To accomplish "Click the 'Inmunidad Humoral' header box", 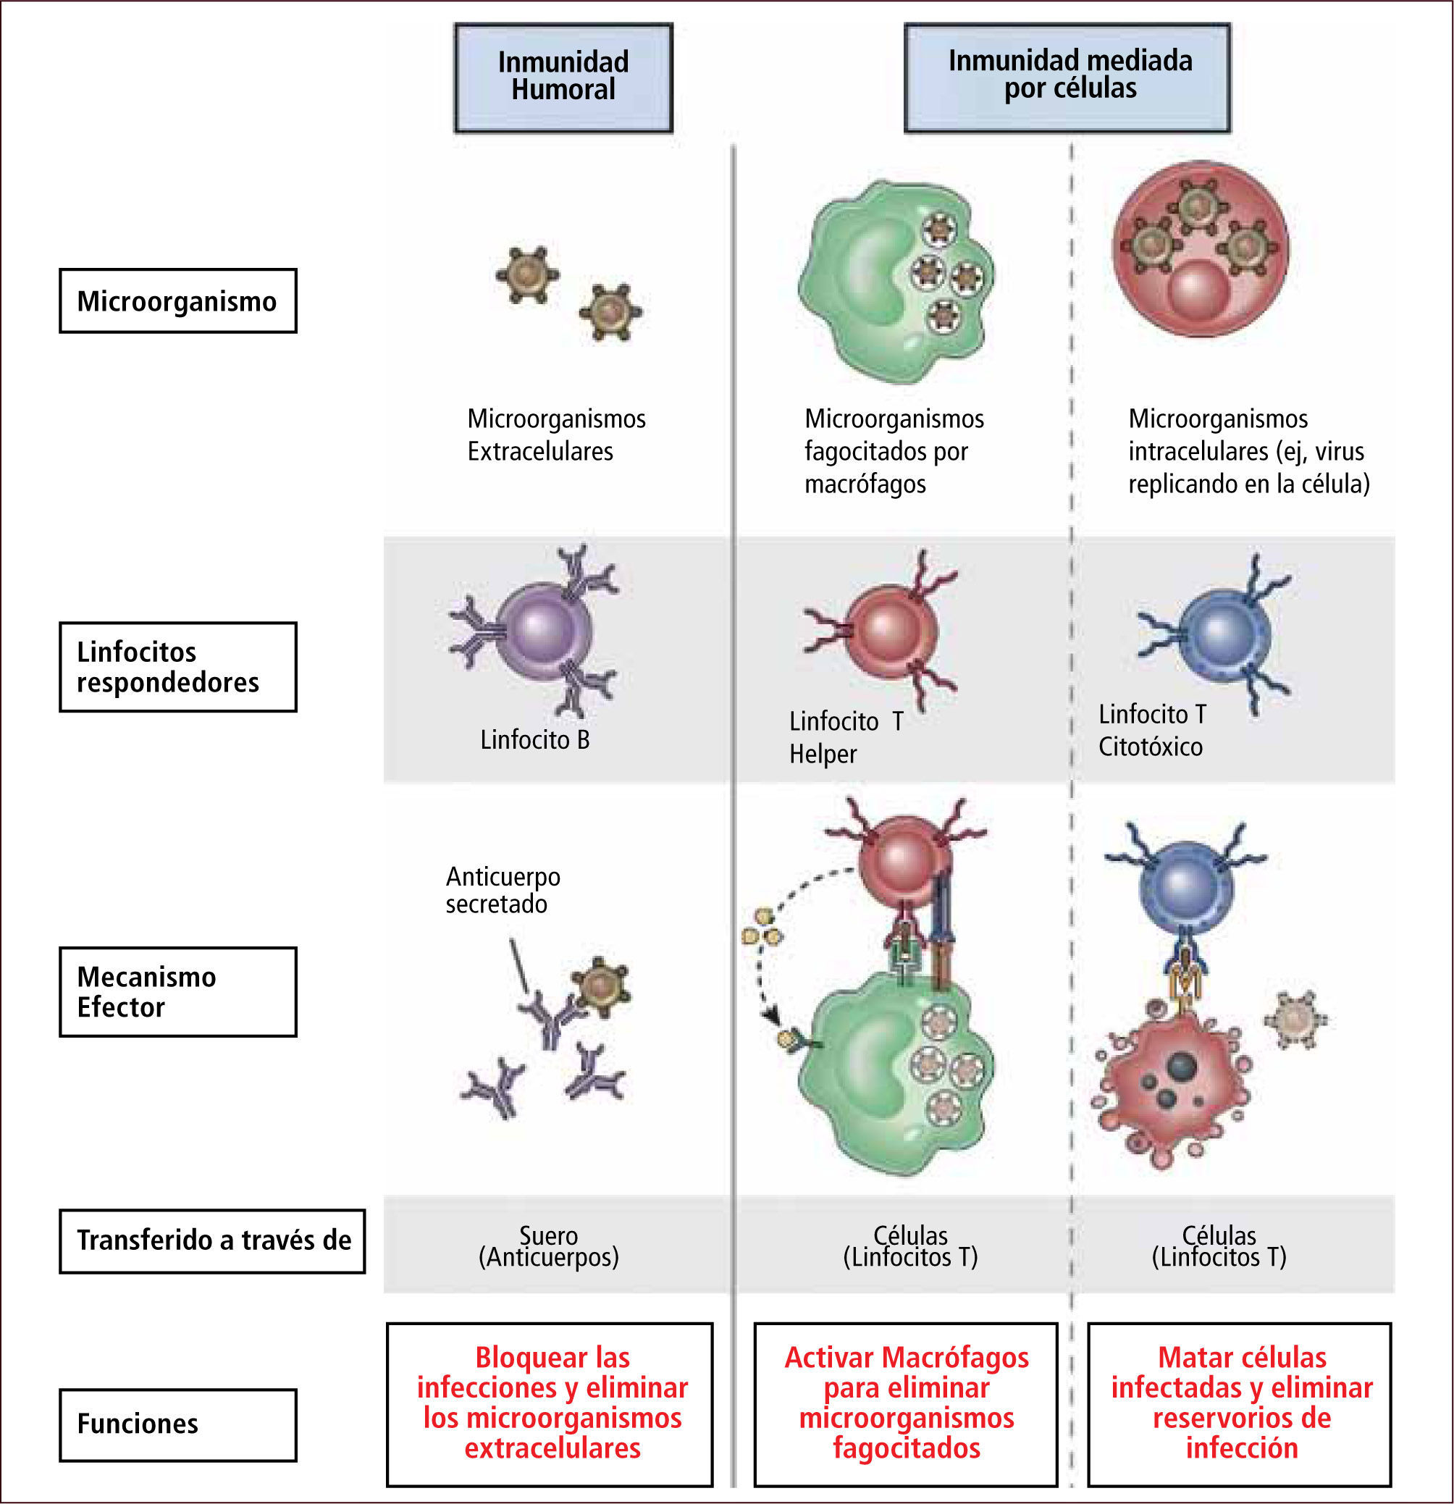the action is tap(563, 77).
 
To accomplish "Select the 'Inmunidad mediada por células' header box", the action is tap(1067, 77).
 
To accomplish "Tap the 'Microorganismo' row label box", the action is tap(178, 301).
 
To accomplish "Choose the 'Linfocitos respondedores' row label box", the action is tap(178, 667).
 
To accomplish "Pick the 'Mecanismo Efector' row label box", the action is tap(178, 992).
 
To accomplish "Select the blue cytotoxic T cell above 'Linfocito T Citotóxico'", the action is tap(1223, 634).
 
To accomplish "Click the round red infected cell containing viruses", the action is tap(1200, 248).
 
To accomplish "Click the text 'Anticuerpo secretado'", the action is tap(503, 890).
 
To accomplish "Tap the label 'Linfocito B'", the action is tap(535, 740).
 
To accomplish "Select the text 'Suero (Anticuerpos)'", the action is tap(549, 1246).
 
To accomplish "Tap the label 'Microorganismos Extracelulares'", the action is tap(556, 435).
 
